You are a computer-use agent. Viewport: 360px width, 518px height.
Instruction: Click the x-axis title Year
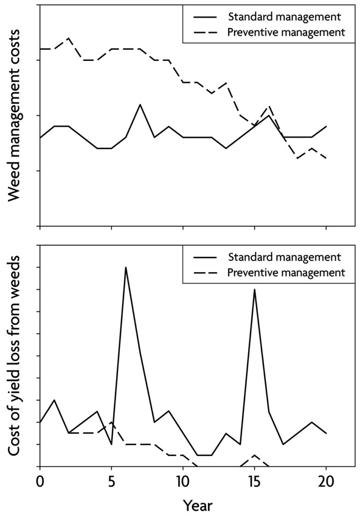pyautogui.click(x=197, y=506)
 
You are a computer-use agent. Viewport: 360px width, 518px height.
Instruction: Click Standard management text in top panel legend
pyautogui.click(x=284, y=17)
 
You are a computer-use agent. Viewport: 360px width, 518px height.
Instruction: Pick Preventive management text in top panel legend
pyautogui.click(x=286, y=32)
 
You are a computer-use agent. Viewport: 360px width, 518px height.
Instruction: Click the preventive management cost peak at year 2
pyautogui.click(x=68, y=38)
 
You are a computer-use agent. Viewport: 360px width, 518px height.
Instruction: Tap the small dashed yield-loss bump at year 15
pyautogui.click(x=254, y=455)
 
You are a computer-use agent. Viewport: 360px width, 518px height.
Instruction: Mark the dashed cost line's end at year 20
pyautogui.click(x=326, y=159)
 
